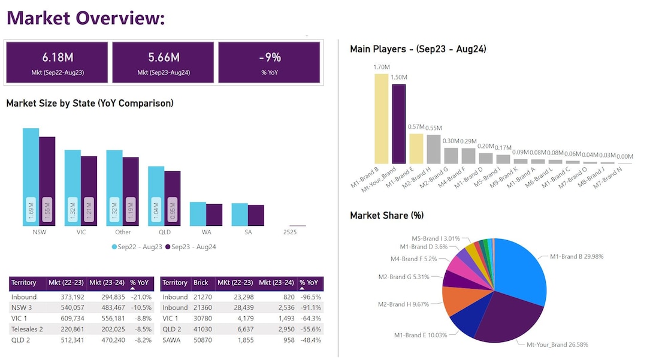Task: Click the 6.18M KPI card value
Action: click(58, 58)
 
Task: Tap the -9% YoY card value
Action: click(270, 58)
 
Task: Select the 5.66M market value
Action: click(164, 58)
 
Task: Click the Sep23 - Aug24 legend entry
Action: click(190, 247)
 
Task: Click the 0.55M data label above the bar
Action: click(433, 128)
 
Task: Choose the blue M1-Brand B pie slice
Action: click(521, 270)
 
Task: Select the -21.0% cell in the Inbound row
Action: click(141, 297)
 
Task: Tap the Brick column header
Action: click(201, 283)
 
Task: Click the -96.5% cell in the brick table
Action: click(310, 297)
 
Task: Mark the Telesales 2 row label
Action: click(27, 329)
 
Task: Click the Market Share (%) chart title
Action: click(387, 215)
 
